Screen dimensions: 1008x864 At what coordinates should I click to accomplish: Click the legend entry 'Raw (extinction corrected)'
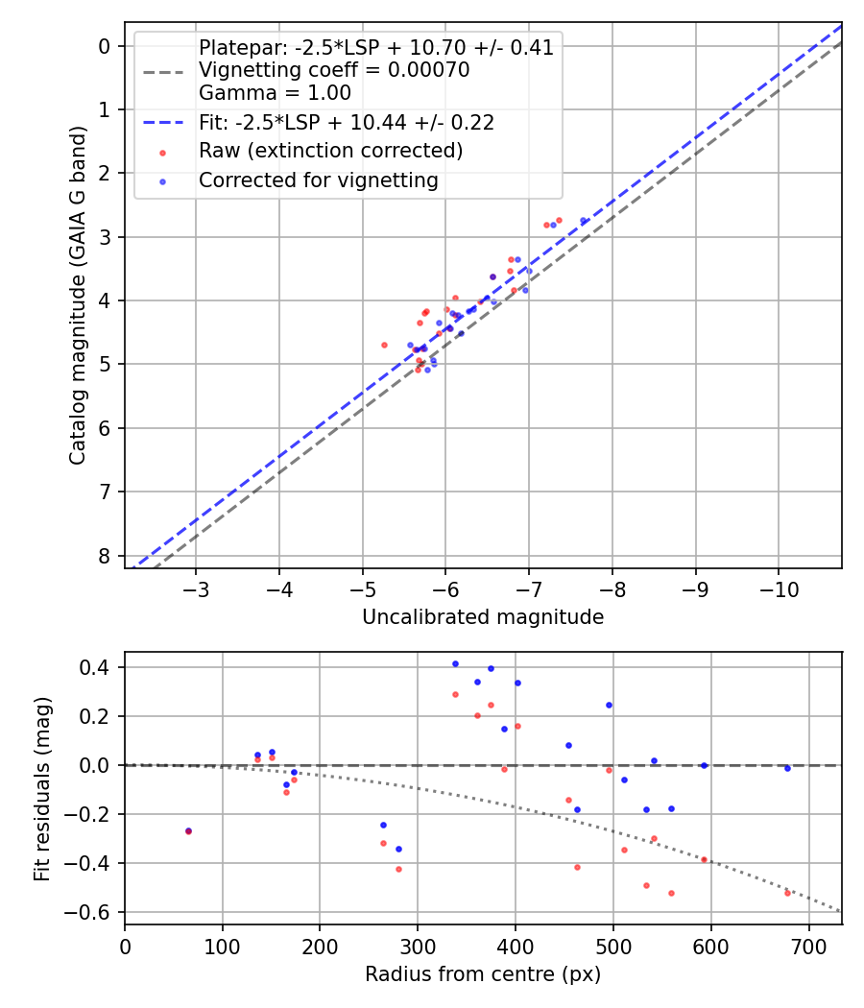(x=330, y=152)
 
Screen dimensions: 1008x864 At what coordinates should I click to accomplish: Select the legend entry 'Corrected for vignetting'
(x=318, y=180)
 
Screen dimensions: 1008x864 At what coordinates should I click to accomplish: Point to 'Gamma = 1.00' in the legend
(x=275, y=93)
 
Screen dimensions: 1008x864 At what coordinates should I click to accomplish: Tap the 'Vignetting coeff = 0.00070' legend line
(x=334, y=70)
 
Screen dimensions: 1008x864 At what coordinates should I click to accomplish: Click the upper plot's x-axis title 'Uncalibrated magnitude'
(x=483, y=617)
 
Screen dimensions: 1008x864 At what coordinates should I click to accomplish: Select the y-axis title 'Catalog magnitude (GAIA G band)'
(x=79, y=296)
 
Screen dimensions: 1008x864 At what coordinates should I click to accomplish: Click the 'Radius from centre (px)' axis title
(x=483, y=974)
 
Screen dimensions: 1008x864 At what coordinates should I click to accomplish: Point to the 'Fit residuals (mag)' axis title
(x=42, y=789)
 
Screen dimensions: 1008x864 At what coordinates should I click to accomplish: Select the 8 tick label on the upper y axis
(x=107, y=557)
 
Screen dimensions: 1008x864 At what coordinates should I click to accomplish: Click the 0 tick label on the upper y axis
(x=107, y=46)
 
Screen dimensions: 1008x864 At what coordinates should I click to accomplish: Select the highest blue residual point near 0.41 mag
(x=455, y=663)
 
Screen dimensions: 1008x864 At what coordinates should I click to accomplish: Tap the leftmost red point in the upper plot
(x=384, y=345)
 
